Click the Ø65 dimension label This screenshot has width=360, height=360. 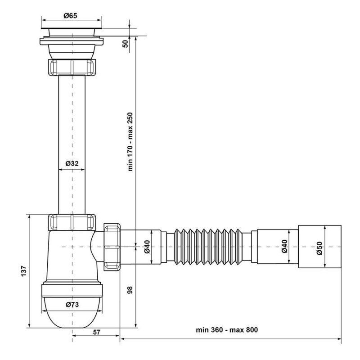pos(71,16)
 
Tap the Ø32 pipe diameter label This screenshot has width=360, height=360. pos(72,163)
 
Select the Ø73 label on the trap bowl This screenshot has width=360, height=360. pos(72,305)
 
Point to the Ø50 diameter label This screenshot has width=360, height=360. pos(319,248)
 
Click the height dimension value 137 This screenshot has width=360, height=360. pos(24,271)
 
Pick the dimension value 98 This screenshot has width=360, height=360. pos(130,290)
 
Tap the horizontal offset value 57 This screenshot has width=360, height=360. pos(97,332)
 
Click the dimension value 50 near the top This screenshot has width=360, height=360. pos(126,44)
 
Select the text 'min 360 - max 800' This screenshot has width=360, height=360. pos(227,330)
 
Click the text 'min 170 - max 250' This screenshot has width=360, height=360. pos(130,142)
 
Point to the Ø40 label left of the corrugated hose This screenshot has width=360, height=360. pos(147,247)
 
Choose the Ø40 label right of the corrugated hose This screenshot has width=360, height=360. pos(284,246)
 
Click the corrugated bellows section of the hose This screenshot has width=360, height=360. pos(208,247)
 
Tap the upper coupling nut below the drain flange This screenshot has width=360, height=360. pos(72,67)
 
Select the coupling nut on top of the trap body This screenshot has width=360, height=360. pos(72,222)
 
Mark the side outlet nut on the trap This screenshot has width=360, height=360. pos(112,247)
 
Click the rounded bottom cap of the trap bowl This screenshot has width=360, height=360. pos(72,312)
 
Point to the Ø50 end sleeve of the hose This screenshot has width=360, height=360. pos(320,247)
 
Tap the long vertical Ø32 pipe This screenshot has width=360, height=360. pos(72,144)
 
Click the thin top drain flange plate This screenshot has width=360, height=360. pos(72,28)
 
